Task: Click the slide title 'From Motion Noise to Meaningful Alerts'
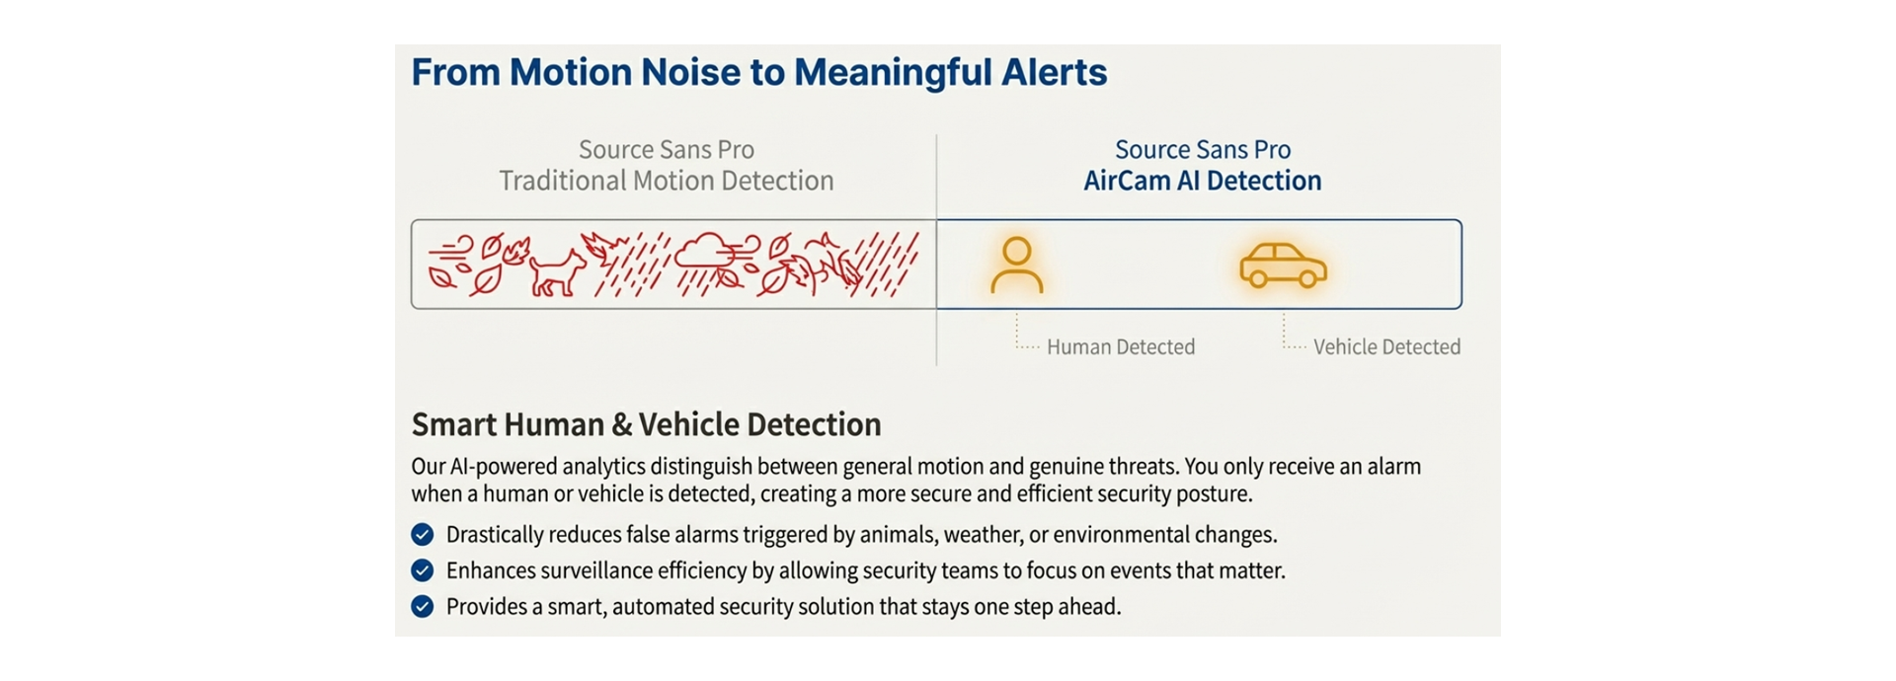pos(758,72)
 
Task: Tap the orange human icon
pos(1016,265)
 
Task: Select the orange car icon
pos(1283,265)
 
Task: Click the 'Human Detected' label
pos(1121,347)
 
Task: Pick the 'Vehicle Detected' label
pos(1386,347)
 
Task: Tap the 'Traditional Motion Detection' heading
pos(667,181)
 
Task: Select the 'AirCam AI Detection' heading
pos(1202,181)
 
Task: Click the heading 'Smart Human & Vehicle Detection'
pos(646,424)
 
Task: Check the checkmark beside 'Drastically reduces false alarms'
pos(423,535)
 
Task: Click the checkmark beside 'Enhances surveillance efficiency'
pos(423,570)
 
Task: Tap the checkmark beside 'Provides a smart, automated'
pos(423,606)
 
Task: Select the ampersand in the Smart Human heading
pos(622,425)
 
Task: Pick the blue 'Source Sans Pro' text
pos(1202,149)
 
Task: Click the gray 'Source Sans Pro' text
pos(667,149)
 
